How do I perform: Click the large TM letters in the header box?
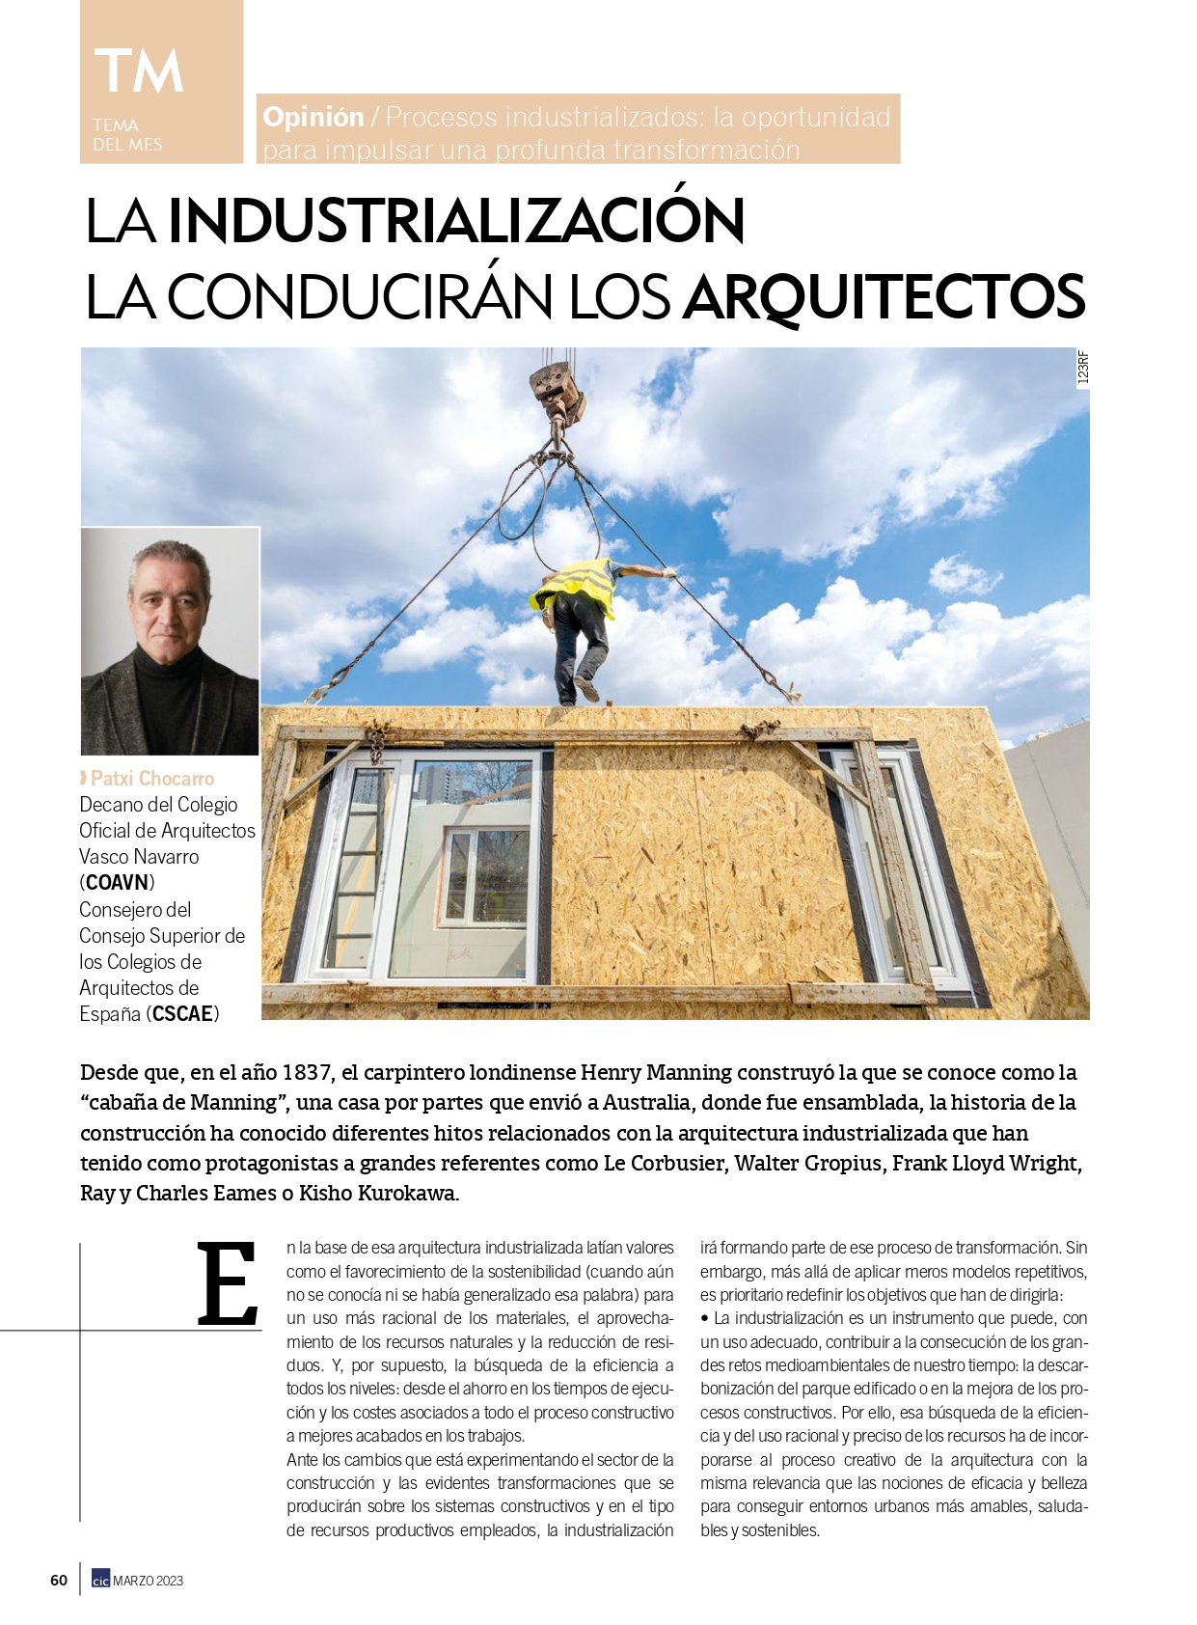tap(139, 71)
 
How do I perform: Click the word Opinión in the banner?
tap(313, 118)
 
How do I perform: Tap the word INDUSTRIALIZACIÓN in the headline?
tap(456, 221)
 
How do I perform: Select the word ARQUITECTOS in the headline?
tap(884, 296)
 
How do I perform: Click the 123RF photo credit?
tap(1082, 368)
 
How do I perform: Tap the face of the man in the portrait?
tap(171, 598)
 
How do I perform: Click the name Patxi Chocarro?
tap(152, 779)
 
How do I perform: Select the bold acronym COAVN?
tap(118, 883)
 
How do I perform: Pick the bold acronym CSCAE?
tap(183, 1014)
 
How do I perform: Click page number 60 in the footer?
tap(59, 1581)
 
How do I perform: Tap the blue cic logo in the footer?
tap(100, 1581)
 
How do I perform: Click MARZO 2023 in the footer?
tap(149, 1581)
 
